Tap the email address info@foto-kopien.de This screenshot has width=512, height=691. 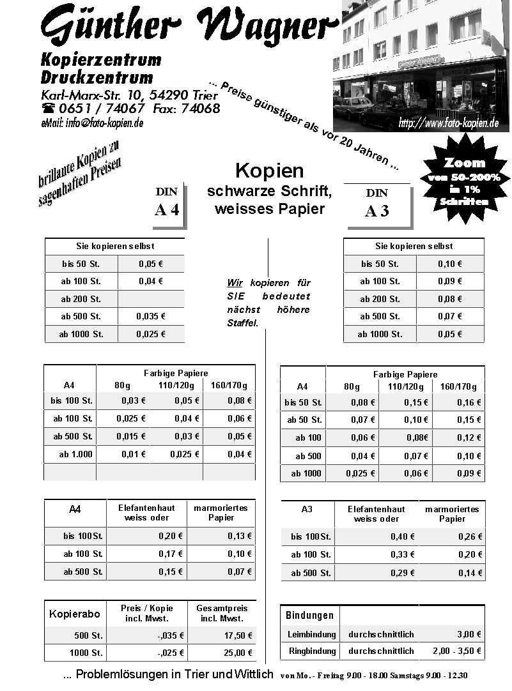click(92, 123)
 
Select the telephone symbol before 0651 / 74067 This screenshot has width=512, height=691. click(48, 109)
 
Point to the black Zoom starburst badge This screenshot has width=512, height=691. click(464, 181)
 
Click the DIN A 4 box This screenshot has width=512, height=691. click(167, 204)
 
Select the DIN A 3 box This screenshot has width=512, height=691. click(377, 205)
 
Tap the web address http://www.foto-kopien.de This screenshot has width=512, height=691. click(448, 123)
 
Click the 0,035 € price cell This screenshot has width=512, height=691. click(151, 316)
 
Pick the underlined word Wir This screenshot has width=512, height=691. click(235, 283)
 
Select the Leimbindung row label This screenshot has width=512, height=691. click(311, 634)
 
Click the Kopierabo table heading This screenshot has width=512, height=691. click(75, 614)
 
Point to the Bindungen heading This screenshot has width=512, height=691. click(309, 616)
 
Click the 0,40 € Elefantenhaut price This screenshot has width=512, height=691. click(403, 536)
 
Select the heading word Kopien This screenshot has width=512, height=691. click(269, 171)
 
